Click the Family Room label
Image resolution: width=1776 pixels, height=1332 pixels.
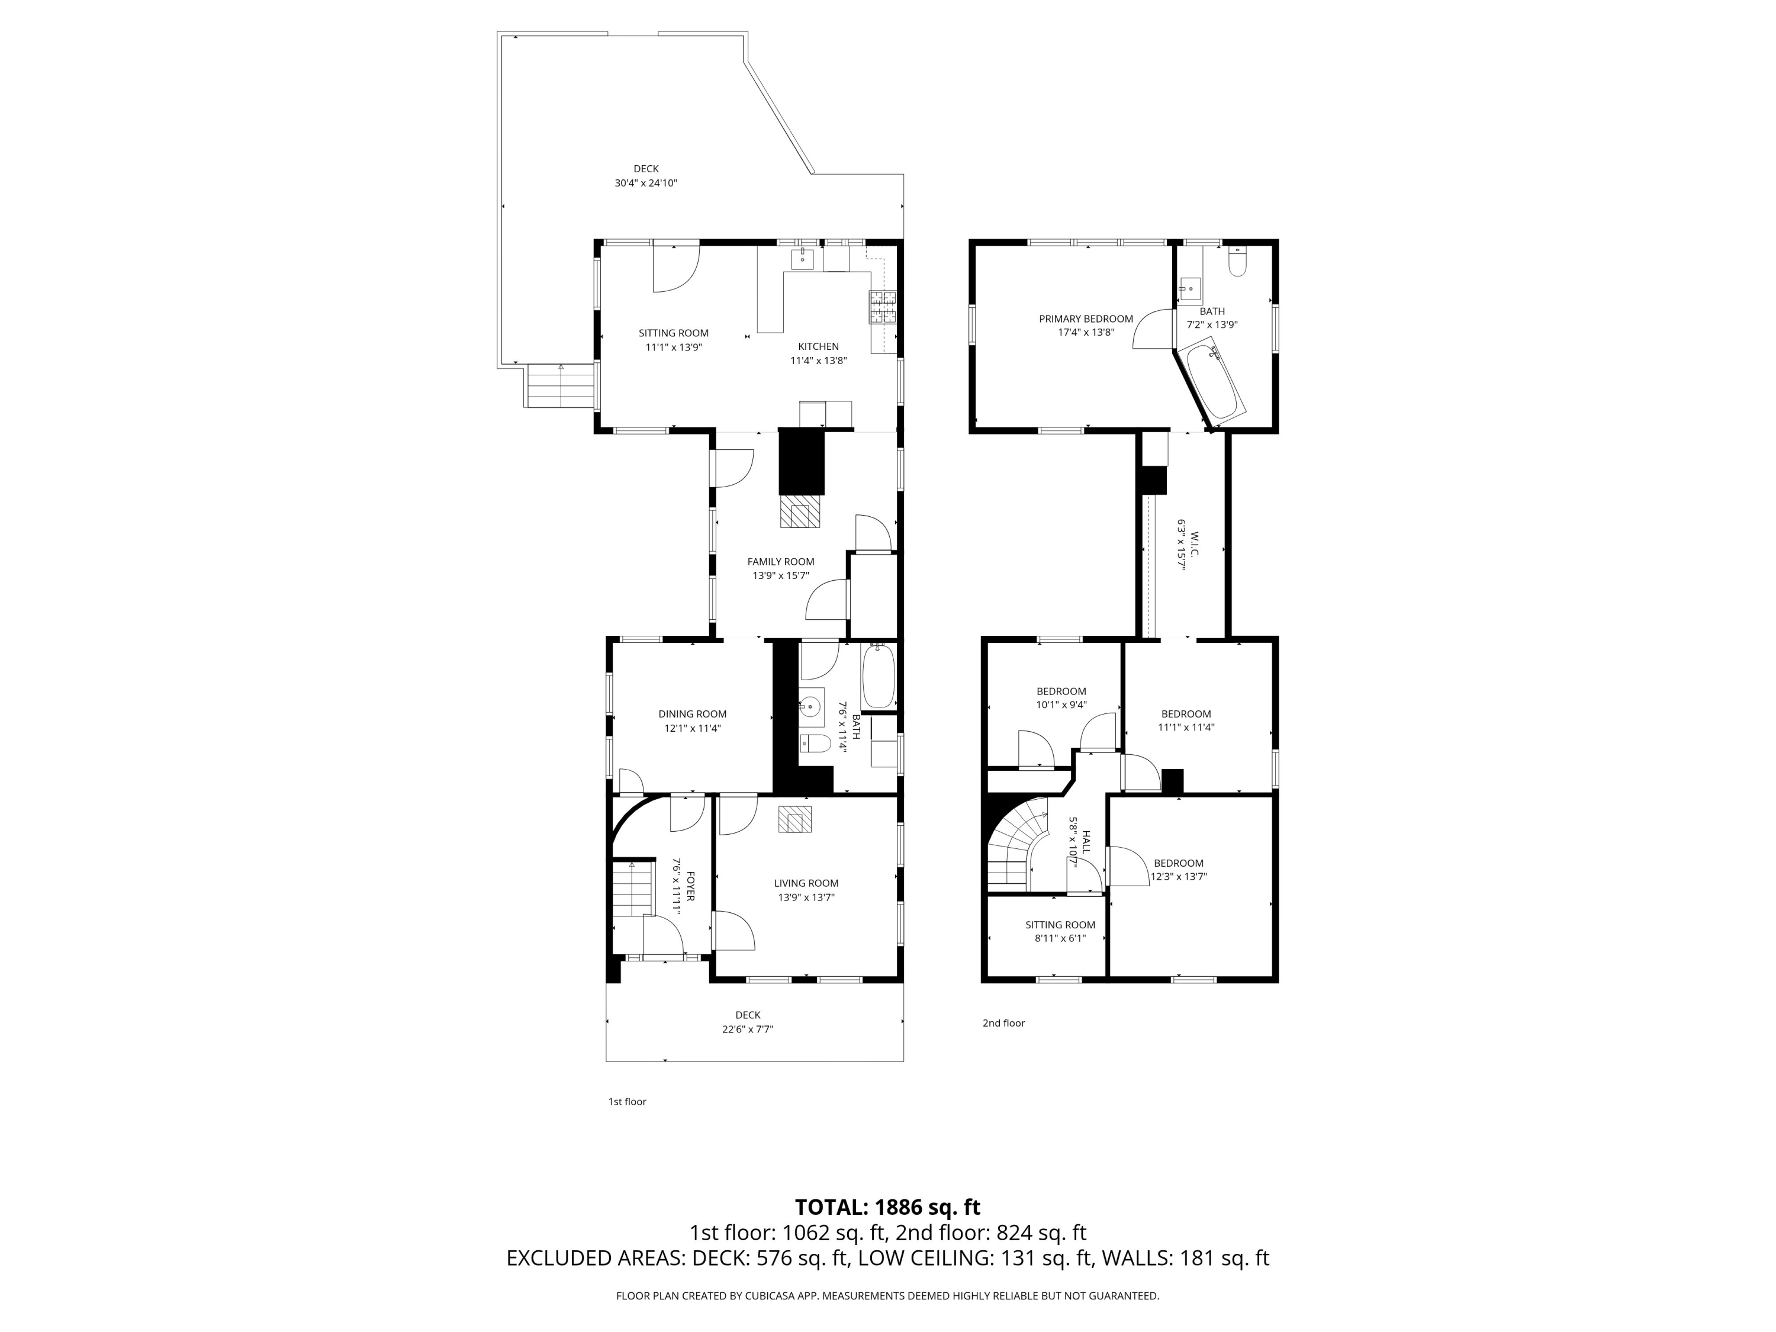click(x=780, y=562)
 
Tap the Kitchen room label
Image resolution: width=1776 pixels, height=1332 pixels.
click(x=818, y=347)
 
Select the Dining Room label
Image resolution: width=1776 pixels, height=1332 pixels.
click(x=692, y=714)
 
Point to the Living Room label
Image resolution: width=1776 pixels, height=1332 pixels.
click(x=806, y=883)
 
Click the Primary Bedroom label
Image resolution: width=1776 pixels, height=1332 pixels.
click(x=1086, y=318)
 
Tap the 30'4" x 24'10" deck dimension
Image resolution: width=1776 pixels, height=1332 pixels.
click(x=645, y=183)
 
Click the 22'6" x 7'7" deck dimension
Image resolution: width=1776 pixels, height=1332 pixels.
click(x=748, y=1029)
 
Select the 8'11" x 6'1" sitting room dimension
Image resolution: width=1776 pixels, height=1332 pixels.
click(x=1060, y=938)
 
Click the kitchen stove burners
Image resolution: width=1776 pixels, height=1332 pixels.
click(x=883, y=307)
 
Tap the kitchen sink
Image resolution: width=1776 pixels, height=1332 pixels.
click(x=802, y=259)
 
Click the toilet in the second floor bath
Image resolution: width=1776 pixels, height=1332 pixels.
click(x=1237, y=261)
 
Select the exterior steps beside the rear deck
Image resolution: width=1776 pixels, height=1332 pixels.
click(x=561, y=386)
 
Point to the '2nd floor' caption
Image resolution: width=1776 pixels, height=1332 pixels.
click(x=1003, y=1023)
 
